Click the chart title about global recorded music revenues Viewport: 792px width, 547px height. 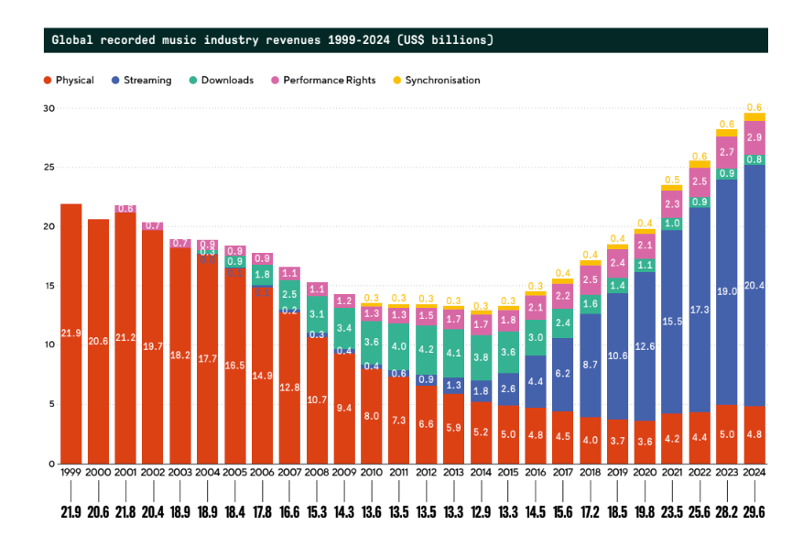pyautogui.click(x=272, y=40)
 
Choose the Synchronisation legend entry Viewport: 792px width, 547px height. pyautogui.click(x=436, y=81)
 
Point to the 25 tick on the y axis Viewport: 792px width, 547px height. pyautogui.click(x=49, y=168)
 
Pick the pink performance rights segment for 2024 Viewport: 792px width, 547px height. pyautogui.click(x=754, y=138)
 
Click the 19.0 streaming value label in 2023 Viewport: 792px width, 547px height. pyautogui.click(x=727, y=290)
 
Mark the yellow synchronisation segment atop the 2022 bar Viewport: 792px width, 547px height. pyautogui.click(x=700, y=164)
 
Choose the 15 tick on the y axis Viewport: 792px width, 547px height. pyautogui.click(x=49, y=286)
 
